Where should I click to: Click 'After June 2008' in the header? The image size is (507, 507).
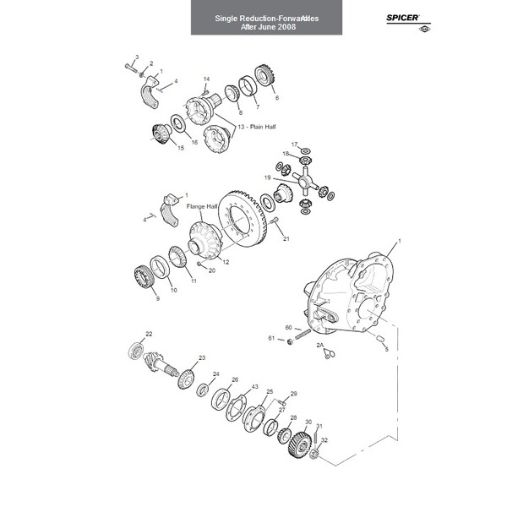pyautogui.click(x=267, y=27)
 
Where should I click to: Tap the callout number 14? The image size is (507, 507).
pyautogui.click(x=206, y=80)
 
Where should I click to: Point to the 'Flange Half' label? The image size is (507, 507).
pyautogui.click(x=201, y=206)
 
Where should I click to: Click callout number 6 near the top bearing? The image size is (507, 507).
pyautogui.click(x=275, y=98)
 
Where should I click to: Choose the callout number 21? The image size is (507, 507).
pyautogui.click(x=286, y=239)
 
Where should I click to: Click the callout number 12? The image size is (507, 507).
pyautogui.click(x=226, y=263)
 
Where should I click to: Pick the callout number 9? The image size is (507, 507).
pyautogui.click(x=156, y=298)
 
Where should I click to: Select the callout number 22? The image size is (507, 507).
pyautogui.click(x=149, y=334)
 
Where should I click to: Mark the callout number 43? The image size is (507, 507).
pyautogui.click(x=254, y=387)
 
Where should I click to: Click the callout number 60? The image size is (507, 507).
pyautogui.click(x=288, y=327)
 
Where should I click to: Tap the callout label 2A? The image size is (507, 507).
pyautogui.click(x=320, y=346)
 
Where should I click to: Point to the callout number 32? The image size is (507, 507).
pyautogui.click(x=324, y=440)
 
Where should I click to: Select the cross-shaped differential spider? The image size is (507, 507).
pyautogui.click(x=305, y=180)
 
